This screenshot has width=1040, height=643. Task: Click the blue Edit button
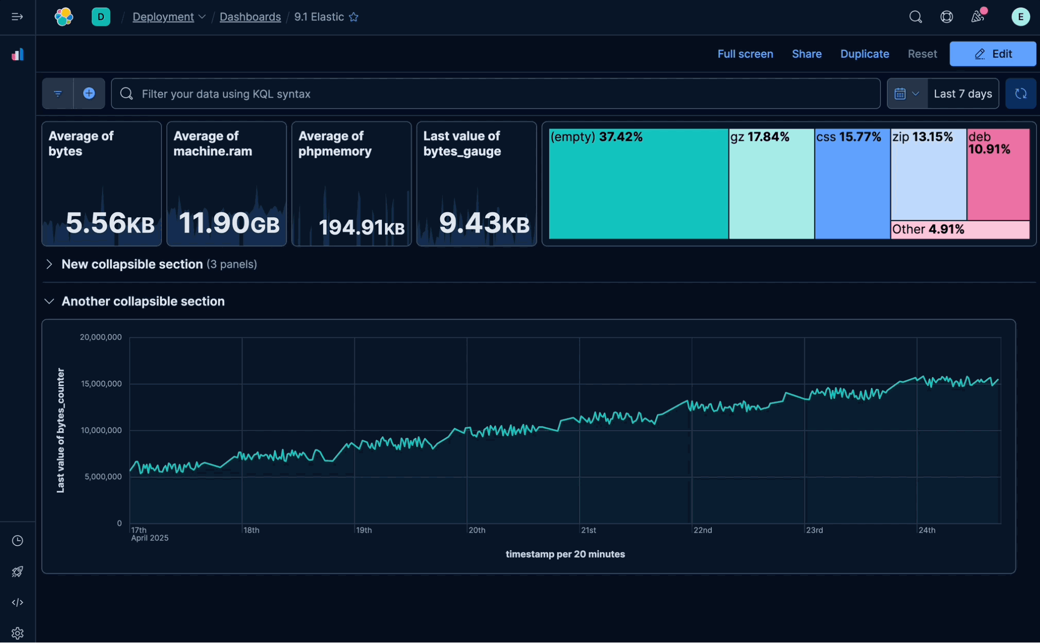click(992, 54)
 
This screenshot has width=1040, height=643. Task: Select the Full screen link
click(744, 54)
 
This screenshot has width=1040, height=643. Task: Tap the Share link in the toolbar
click(806, 54)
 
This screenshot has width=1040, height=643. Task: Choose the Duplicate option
click(864, 54)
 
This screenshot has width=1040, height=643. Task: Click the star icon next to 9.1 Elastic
click(354, 17)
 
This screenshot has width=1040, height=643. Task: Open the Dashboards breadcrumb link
click(250, 17)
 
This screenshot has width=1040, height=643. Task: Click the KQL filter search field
click(494, 94)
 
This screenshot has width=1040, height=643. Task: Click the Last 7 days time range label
click(962, 94)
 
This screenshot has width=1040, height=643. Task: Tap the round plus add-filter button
click(89, 94)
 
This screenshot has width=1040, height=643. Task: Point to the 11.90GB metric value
click(228, 223)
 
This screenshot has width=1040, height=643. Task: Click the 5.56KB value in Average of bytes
click(110, 223)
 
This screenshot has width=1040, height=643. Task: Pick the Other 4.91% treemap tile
click(959, 229)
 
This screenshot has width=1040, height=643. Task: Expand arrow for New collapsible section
click(49, 264)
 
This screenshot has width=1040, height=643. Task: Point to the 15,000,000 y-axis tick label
click(101, 384)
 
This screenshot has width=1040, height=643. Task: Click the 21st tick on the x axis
click(588, 530)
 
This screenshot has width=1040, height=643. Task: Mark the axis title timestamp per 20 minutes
click(565, 554)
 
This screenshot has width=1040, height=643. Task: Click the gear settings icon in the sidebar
click(17, 633)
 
